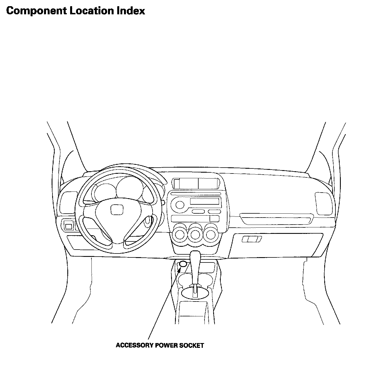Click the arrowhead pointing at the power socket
(180, 270)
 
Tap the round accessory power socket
(183, 264)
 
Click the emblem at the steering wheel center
(115, 209)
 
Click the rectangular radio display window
(204, 201)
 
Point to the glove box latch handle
(252, 239)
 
